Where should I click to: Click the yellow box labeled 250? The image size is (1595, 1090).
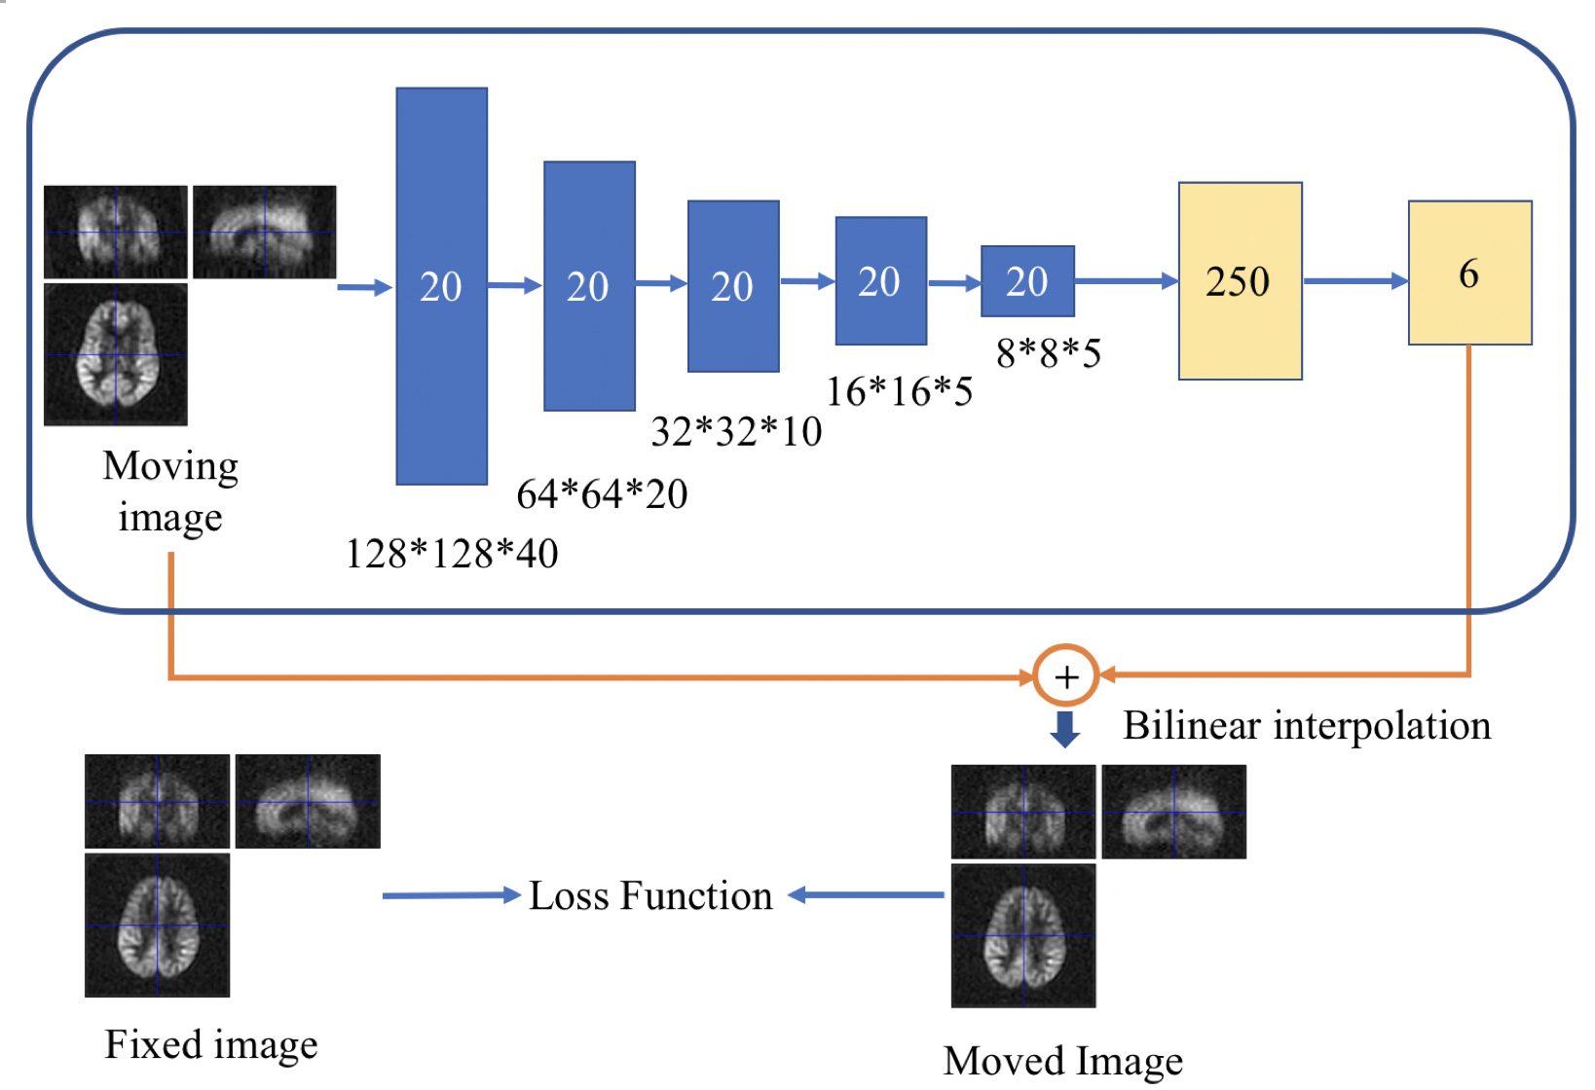point(1240,280)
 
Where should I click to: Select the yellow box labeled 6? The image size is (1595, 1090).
point(1469,272)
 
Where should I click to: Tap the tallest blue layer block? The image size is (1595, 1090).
point(441,286)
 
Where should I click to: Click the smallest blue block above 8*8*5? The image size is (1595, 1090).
point(1027,281)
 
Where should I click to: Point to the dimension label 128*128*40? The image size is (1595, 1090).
point(452,554)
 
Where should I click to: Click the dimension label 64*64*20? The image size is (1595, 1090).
point(602,494)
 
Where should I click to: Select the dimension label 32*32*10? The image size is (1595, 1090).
point(736,431)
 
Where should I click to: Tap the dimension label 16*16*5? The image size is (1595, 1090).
point(899,391)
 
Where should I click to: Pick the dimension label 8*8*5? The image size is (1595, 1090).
point(1048,353)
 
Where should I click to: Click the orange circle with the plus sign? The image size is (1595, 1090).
point(1066,675)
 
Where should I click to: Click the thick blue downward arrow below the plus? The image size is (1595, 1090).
point(1065,729)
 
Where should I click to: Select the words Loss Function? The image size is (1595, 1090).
point(650,895)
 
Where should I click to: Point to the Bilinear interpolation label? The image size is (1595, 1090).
point(1306,725)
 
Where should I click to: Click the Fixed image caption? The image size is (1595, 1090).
point(211,1044)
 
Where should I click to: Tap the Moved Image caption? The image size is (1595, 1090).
point(1063,1060)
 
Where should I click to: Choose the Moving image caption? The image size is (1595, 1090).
point(170,491)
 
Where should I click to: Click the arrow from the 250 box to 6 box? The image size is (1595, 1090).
point(1355,281)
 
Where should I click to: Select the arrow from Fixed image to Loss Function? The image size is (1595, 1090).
point(452,895)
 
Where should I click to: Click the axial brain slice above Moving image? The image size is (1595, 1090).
point(116,354)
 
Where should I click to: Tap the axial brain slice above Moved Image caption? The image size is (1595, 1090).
point(1023,935)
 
